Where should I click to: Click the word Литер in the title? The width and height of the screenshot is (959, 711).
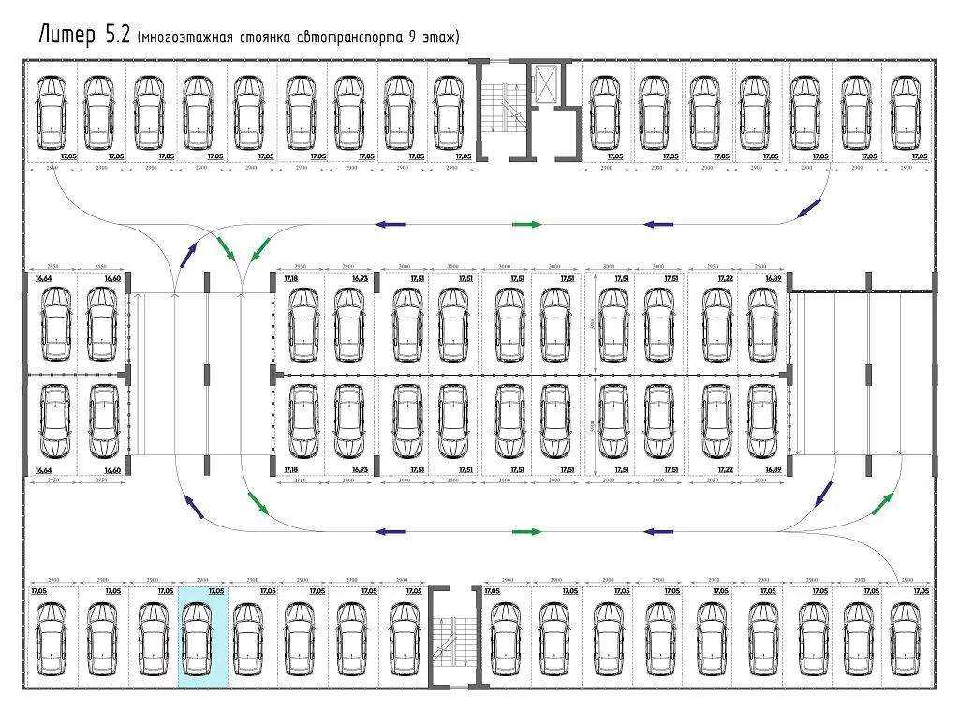tap(67, 36)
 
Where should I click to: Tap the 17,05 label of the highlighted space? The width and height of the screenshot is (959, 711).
tap(216, 592)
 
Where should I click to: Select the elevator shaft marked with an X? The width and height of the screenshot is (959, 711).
tap(545, 82)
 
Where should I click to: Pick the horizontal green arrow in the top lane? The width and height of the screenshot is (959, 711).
tap(527, 225)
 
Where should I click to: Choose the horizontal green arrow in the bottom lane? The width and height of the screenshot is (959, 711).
tap(527, 531)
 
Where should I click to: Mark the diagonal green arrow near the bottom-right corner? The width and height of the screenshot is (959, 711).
tap(881, 504)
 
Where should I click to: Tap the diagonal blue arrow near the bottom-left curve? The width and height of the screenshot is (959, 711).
tap(193, 507)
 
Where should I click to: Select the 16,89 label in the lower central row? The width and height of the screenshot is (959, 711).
tap(773, 468)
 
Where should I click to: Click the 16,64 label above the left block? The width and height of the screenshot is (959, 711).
tap(43, 279)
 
